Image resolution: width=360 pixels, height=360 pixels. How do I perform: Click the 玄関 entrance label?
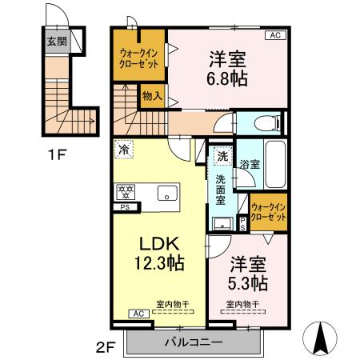[56, 42]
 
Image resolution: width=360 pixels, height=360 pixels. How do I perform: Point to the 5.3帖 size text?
[250, 283]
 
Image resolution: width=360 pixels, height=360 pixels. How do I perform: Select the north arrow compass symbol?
[322, 338]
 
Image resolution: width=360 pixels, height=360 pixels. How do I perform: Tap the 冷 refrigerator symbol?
[124, 149]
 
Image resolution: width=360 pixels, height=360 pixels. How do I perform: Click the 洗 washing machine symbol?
[223, 157]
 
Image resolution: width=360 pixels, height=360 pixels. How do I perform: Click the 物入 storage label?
[152, 97]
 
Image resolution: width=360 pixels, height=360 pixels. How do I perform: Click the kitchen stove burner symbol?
[125, 190]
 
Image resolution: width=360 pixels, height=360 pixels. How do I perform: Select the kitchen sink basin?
[167, 192]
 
